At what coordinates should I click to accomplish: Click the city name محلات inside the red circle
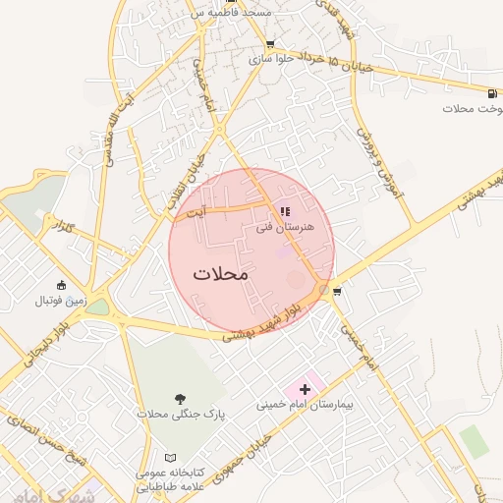pos(221,274)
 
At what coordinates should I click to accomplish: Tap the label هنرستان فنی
pos(284,227)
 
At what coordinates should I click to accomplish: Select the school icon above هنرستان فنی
pos(285,211)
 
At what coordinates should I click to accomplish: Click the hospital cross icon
pos(305,390)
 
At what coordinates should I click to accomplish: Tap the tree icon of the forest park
pos(179,398)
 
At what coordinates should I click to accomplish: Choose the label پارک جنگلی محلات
pos(181,415)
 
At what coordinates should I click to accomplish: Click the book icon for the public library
pos(172,459)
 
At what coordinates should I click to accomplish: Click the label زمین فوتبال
pos(62,300)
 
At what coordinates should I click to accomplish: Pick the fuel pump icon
pos(490,94)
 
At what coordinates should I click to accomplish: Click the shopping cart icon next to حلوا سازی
pos(270,44)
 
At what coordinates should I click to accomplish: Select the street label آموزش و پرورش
pos(380,161)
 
